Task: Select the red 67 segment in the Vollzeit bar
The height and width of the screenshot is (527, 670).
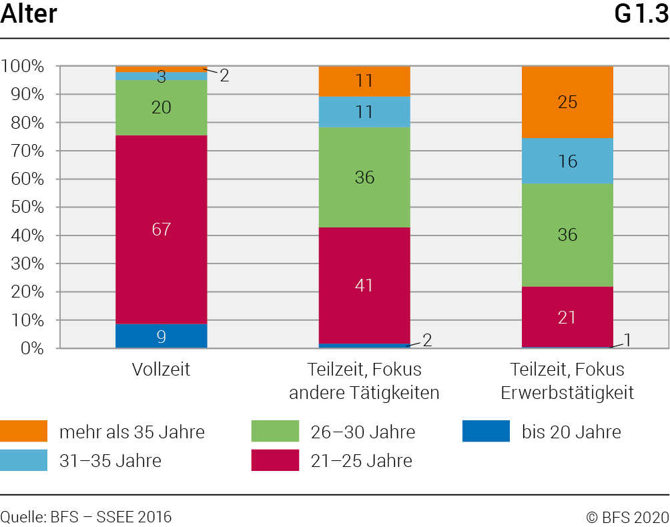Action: point(161,229)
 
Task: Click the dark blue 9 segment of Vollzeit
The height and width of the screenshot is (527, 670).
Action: point(161,336)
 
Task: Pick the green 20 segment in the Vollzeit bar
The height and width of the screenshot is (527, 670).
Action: point(161,107)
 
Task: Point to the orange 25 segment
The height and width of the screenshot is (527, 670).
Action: point(567,102)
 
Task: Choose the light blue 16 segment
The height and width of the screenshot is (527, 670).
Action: point(567,161)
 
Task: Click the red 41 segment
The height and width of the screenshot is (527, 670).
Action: point(364,286)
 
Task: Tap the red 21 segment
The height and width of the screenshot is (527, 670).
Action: point(567,318)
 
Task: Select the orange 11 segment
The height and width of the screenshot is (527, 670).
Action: point(364,81)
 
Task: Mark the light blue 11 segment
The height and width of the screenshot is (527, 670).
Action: point(364,111)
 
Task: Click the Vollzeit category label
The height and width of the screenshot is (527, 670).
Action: point(161,370)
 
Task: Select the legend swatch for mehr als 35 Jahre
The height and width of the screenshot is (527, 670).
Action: point(24,432)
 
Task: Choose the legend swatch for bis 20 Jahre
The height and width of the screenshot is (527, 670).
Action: point(486,432)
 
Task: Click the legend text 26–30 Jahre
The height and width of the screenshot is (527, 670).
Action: point(363,432)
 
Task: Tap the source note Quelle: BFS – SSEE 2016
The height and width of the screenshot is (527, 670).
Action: point(86,516)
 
